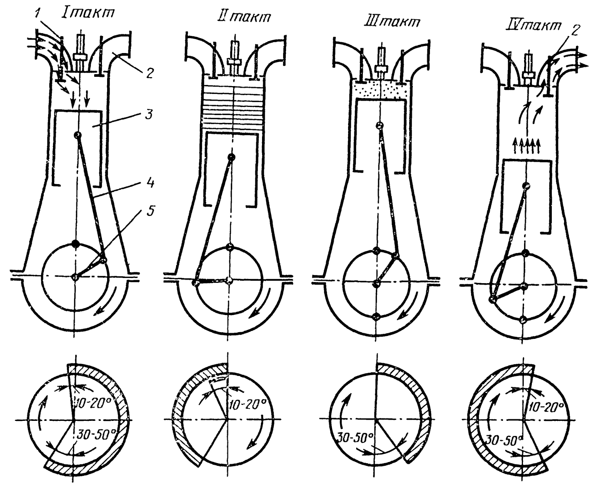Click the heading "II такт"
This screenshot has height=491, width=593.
(x=244, y=17)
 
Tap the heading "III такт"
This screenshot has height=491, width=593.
(x=392, y=21)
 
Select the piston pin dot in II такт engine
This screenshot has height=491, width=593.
(x=232, y=157)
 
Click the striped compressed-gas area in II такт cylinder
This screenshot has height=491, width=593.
(x=233, y=108)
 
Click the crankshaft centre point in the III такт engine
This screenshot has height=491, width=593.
(x=377, y=284)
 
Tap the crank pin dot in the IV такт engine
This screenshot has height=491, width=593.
(x=493, y=299)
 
